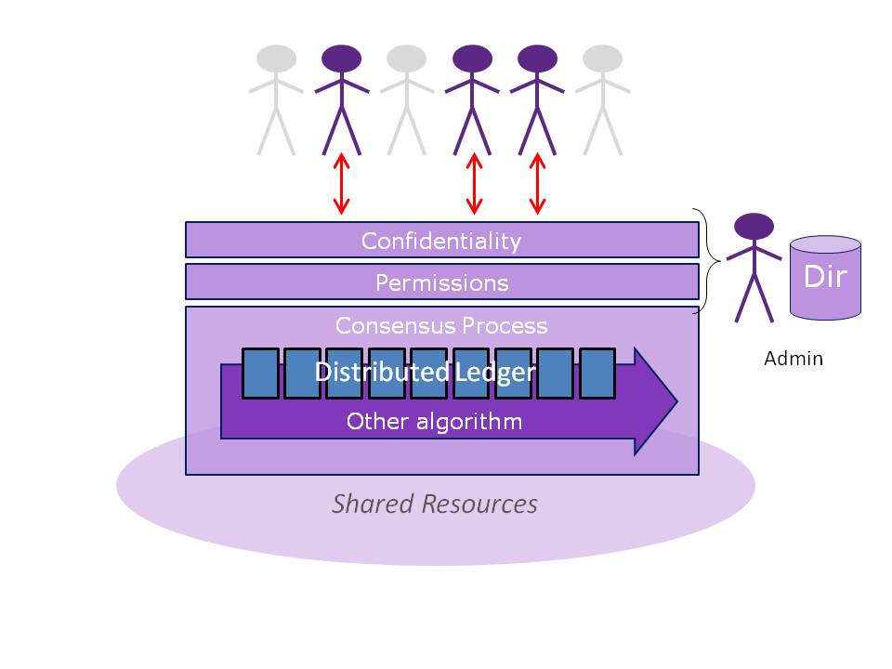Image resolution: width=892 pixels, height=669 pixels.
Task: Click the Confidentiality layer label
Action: pos(441,241)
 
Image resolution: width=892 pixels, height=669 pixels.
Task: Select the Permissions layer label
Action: pos(441,282)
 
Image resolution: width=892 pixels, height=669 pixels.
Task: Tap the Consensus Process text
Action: pos(441,326)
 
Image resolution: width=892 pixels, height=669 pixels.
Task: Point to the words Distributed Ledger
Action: pos(425,373)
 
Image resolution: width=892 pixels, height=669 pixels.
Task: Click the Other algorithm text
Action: pos(434,422)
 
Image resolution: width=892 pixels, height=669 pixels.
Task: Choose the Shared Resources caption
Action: pos(435,504)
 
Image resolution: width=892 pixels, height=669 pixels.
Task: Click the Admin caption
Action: pos(793,358)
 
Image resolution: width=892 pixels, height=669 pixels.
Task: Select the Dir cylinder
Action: pos(825,277)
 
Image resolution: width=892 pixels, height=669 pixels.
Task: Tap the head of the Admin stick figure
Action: pos(754,226)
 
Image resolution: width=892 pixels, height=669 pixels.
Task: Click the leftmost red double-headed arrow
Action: pos(342,183)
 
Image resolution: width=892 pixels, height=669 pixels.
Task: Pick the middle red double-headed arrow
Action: pos(474,183)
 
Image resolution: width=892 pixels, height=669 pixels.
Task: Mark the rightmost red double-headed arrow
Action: pos(537,183)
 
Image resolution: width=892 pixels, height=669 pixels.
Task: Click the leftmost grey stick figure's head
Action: pos(276,59)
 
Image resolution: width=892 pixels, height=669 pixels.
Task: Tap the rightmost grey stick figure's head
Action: pos(602,59)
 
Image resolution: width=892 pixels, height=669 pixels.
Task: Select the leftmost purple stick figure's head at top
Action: pos(342,59)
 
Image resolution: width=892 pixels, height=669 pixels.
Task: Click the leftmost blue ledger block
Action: pos(260,373)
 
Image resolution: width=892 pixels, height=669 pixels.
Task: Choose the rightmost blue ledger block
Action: pos(597,373)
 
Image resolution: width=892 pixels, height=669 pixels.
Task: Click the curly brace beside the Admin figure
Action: pos(709,261)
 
